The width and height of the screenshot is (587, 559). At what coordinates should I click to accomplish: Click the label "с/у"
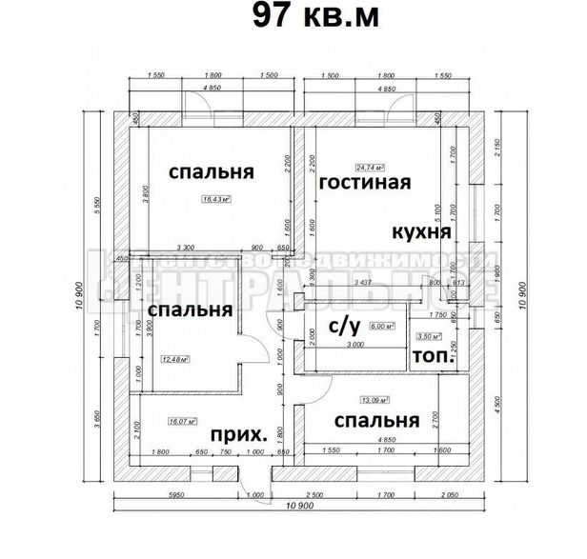pos(343,329)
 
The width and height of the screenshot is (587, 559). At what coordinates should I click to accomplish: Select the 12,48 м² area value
pos(175,359)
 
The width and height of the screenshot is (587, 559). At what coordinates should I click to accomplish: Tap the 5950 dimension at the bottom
pos(174,497)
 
